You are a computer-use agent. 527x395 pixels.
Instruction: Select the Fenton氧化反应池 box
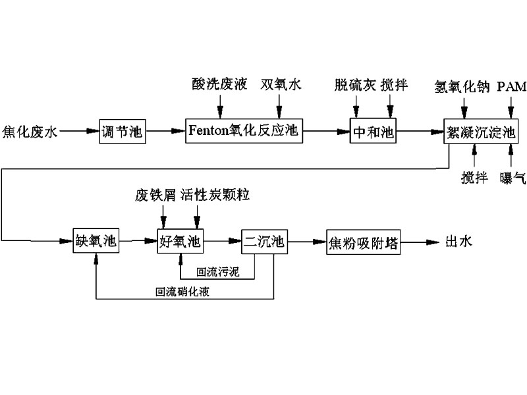click(242, 132)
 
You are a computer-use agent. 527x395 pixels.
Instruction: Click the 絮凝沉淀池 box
click(479, 132)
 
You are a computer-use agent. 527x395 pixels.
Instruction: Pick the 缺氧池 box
click(96, 242)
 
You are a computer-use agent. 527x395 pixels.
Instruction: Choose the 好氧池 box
click(180, 242)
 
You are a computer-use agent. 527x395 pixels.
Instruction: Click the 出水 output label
click(459, 241)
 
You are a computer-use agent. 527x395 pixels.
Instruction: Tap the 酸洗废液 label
click(219, 84)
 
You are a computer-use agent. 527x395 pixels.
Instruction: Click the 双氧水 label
click(280, 84)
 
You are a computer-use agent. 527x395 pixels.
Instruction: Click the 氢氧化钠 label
click(462, 86)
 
